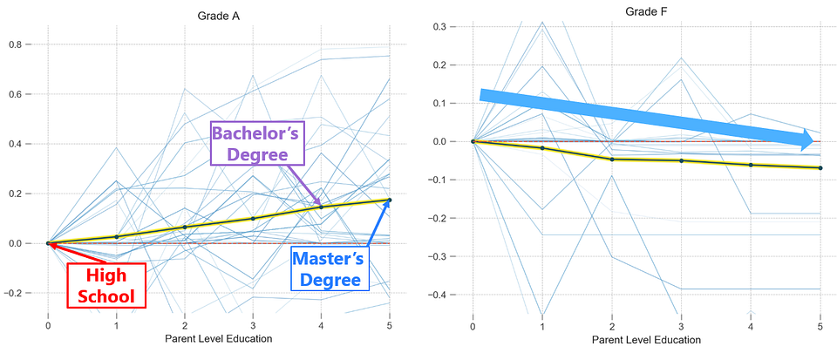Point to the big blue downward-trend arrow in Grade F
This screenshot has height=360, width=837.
click(645, 118)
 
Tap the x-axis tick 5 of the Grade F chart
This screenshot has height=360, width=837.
click(820, 326)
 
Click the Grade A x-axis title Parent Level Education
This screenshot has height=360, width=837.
click(219, 338)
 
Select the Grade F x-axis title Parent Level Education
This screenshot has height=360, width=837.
click(646, 340)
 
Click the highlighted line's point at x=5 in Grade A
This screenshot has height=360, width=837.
click(389, 200)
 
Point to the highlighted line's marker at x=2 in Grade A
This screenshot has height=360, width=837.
click(185, 227)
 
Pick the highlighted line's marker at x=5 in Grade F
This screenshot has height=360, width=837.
click(820, 167)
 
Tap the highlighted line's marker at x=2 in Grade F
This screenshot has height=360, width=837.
click(612, 159)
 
